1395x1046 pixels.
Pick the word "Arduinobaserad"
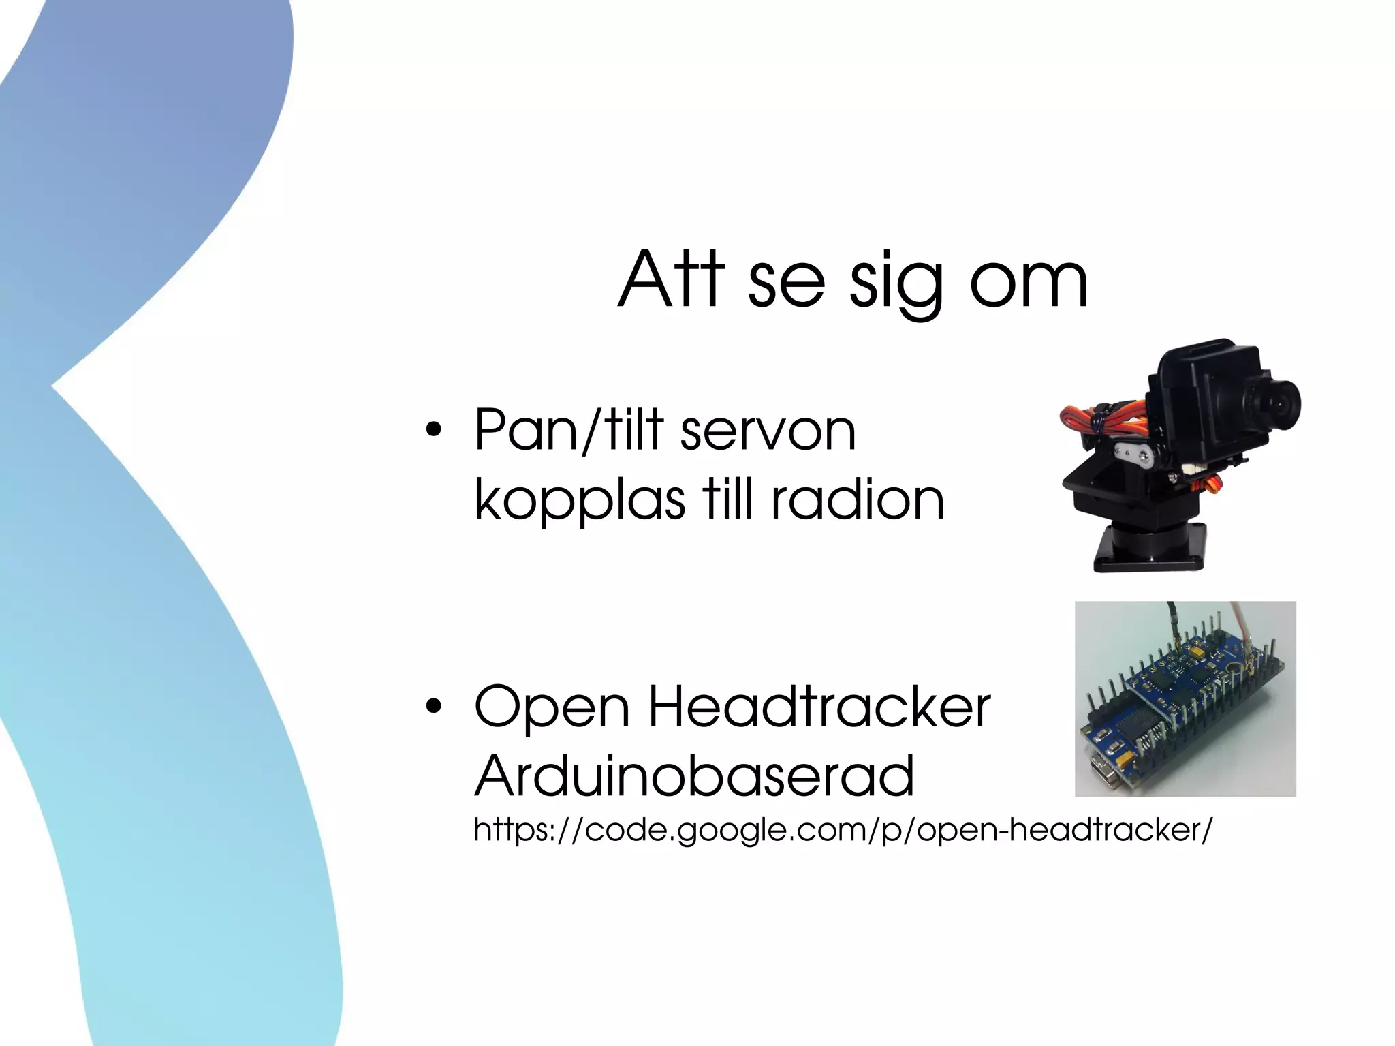[694, 776]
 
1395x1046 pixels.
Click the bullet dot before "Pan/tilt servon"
[432, 431]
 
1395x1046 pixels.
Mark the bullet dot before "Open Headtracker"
[432, 707]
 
